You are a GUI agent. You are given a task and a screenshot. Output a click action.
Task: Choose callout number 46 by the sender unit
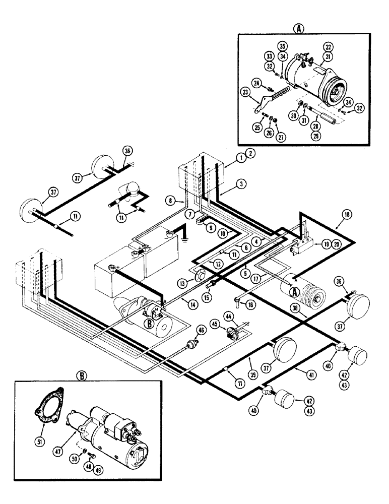click(202, 330)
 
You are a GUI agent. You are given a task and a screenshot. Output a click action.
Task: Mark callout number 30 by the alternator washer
click(293, 115)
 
